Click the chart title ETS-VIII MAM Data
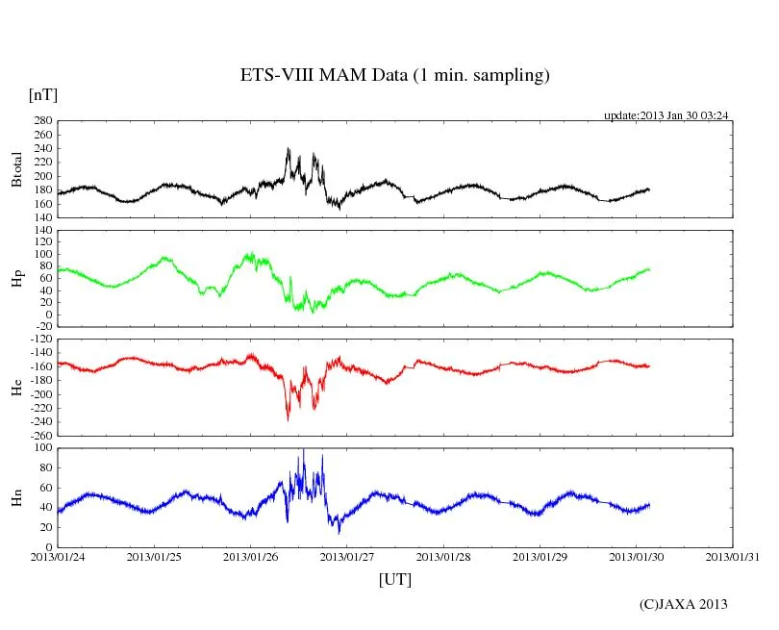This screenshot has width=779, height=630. (394, 76)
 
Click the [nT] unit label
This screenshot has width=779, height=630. (42, 94)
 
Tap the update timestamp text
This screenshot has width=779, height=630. (666, 115)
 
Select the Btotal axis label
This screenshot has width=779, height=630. (16, 170)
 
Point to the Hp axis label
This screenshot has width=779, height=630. (16, 279)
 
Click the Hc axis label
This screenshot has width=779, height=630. (16, 388)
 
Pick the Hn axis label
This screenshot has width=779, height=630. (16, 497)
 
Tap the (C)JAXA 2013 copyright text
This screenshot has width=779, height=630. (683, 604)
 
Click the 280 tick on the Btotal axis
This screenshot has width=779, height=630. (40, 121)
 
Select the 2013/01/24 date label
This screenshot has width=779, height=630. (57, 557)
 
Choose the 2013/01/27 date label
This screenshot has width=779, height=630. (347, 557)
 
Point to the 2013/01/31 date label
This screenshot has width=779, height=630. (734, 557)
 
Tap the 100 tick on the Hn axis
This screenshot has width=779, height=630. (42, 448)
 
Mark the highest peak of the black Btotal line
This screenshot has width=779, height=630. (289, 149)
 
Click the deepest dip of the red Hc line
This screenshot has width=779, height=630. (288, 419)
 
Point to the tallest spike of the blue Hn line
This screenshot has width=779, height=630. (304, 449)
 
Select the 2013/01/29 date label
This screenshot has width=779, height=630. (540, 557)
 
